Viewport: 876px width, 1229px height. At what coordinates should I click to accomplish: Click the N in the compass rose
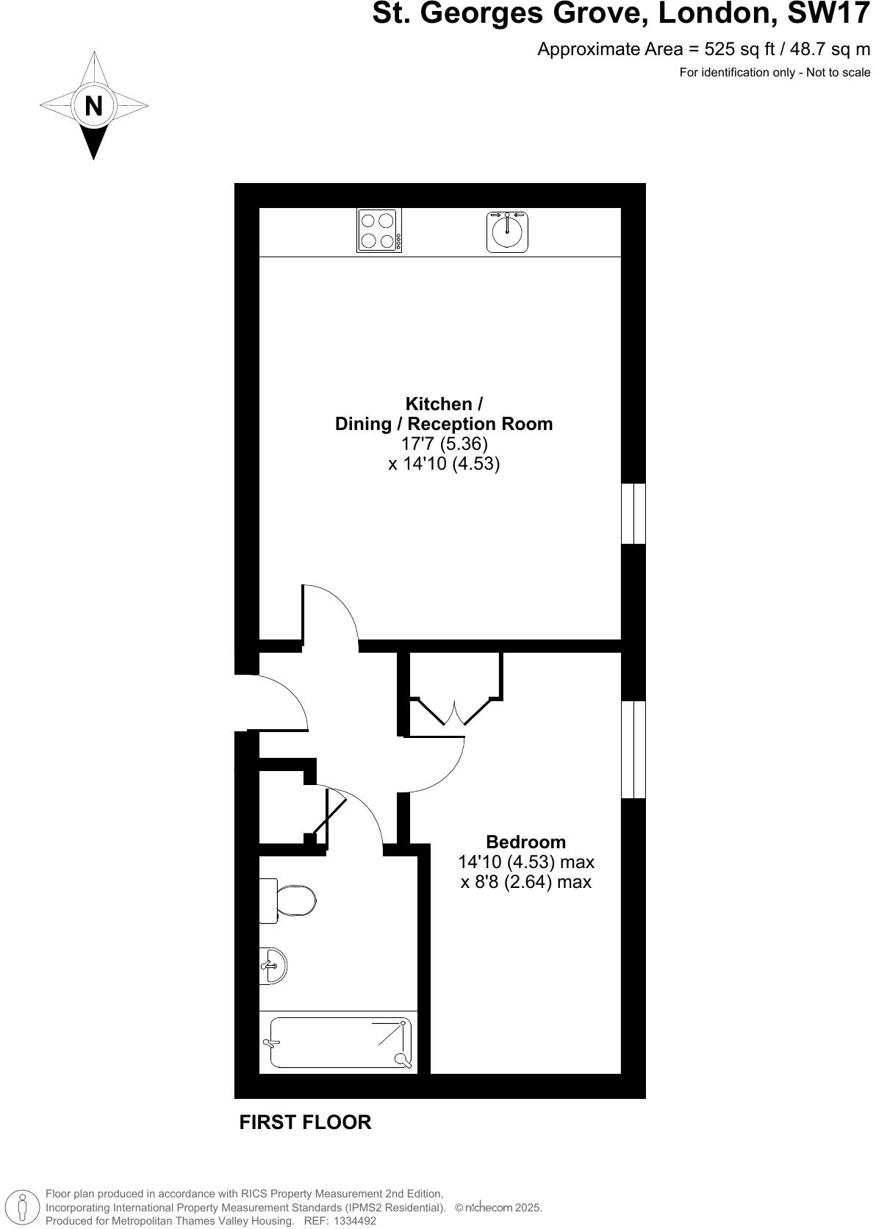click(x=93, y=106)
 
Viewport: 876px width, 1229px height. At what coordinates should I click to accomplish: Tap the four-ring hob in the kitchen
click(x=379, y=230)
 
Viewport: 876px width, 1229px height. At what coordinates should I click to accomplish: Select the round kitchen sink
click(x=507, y=232)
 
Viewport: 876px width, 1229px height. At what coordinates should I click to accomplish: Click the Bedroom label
click(x=526, y=842)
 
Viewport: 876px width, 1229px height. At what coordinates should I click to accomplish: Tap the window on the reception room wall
click(x=633, y=513)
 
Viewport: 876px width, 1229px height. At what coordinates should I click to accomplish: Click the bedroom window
click(x=633, y=749)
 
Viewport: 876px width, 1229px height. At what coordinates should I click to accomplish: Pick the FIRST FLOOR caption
click(x=305, y=1122)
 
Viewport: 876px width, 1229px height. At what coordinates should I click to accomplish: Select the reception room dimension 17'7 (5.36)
click(x=444, y=444)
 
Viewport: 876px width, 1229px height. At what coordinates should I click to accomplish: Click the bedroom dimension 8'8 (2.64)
click(x=507, y=881)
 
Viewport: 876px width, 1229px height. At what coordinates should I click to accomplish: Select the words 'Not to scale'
click(x=838, y=72)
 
